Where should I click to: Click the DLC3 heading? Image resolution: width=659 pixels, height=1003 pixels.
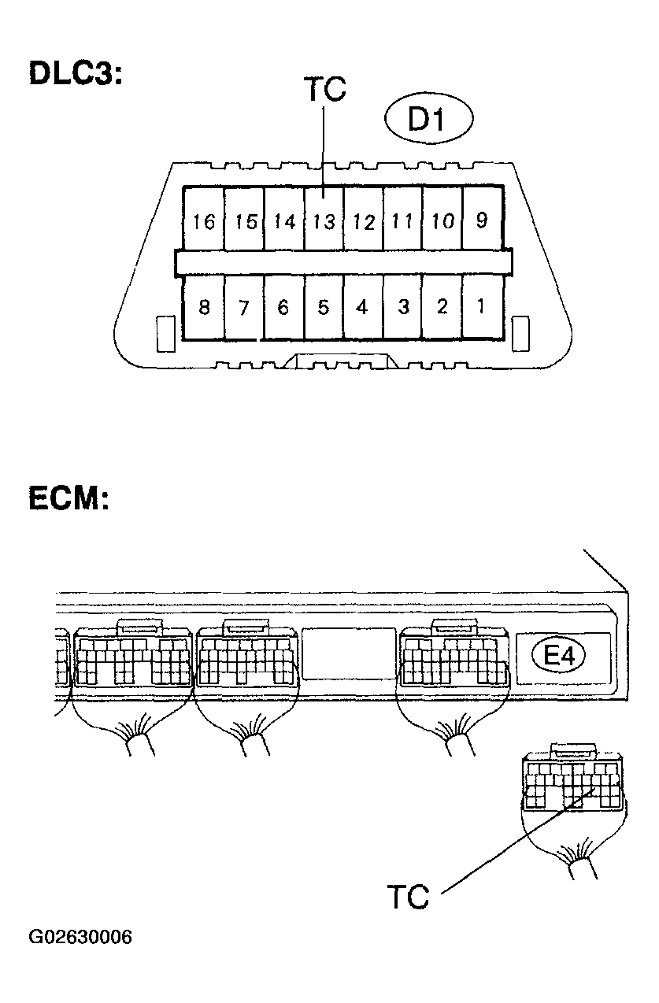coord(76,72)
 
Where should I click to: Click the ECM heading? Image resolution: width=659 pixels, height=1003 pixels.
coord(68,498)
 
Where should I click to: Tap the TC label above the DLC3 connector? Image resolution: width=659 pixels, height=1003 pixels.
coord(325,89)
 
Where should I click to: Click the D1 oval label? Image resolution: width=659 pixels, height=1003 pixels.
coord(428,119)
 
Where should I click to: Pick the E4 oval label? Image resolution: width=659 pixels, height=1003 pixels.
coord(559,657)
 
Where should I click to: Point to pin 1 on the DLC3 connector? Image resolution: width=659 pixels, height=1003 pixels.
coord(482,307)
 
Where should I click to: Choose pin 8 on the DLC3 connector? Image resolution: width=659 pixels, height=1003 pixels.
coord(204,307)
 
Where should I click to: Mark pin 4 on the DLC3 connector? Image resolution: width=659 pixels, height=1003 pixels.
coord(363,307)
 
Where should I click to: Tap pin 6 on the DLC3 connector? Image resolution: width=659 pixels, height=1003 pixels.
coord(284,307)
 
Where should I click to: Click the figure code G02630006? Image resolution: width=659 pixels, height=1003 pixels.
coord(80,937)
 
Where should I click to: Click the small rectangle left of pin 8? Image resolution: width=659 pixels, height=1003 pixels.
coord(165,334)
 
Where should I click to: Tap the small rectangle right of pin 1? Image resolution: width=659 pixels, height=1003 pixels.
coord(520,334)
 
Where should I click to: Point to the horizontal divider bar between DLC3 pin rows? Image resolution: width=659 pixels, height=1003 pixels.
coord(343,262)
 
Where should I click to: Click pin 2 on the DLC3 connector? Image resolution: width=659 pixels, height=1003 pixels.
coord(442,307)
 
